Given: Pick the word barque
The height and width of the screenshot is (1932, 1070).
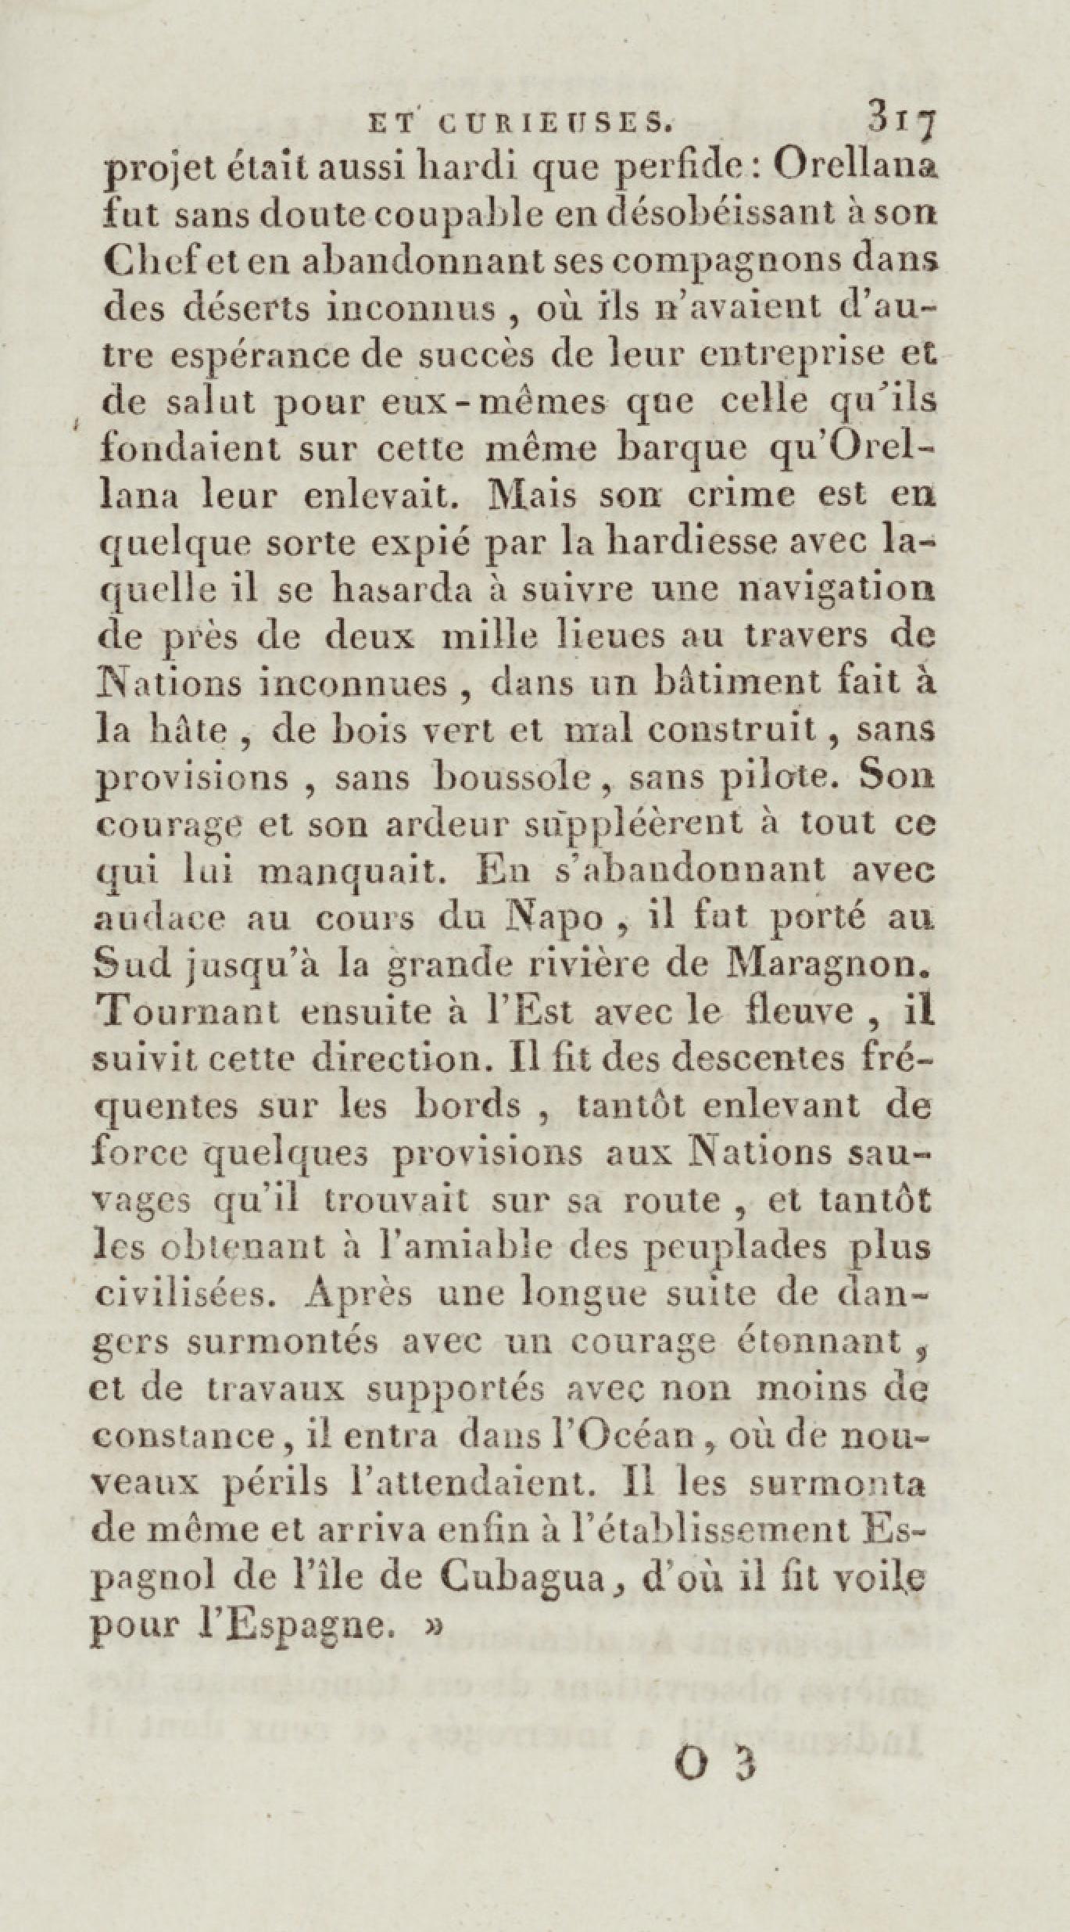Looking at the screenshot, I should [685, 451].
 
